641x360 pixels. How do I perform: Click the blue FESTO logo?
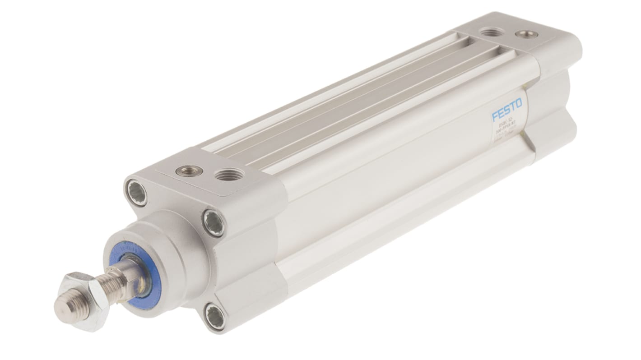pos(506,110)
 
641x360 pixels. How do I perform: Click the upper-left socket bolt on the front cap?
pos(136,193)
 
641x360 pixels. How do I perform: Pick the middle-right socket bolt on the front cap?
pos(213,222)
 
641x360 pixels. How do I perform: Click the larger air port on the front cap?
pos(229,175)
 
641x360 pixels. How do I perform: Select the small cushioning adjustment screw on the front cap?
pos(189,171)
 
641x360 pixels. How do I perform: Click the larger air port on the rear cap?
pos(492,32)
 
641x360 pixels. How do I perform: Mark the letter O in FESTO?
pos(519,104)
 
